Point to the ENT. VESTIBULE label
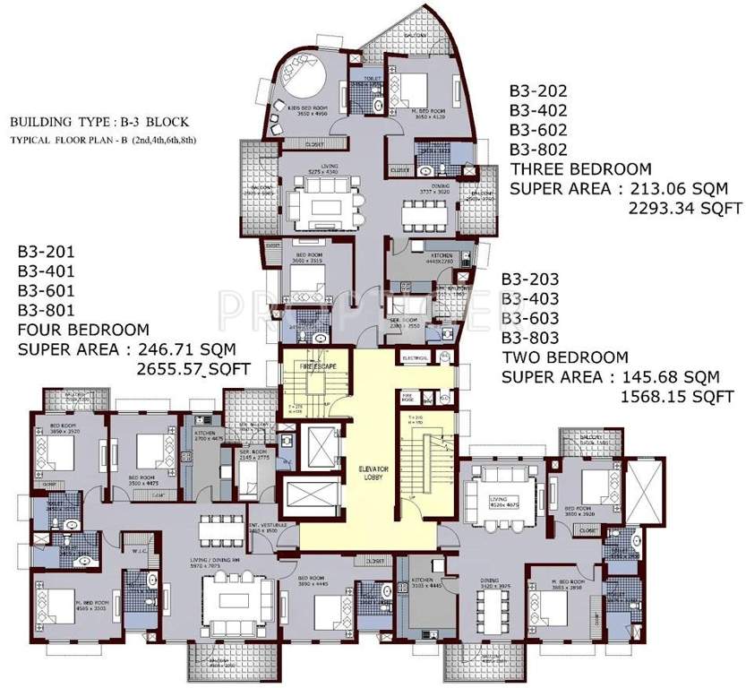[x=263, y=528]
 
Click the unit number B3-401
[x=43, y=270]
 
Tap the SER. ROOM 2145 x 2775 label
[x=256, y=455]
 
